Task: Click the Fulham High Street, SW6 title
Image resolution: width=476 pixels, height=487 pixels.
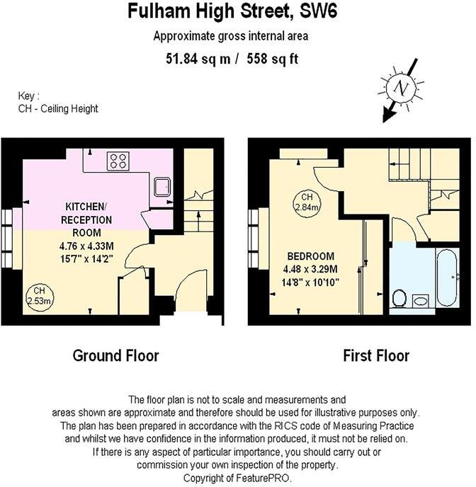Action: pos(237,11)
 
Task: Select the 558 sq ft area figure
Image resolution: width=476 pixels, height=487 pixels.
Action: pos(272,59)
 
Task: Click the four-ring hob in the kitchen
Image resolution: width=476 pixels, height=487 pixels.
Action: pos(118,161)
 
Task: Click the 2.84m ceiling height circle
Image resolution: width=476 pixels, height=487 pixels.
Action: pos(307,202)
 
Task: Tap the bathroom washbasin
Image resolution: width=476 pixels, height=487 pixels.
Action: pos(421,301)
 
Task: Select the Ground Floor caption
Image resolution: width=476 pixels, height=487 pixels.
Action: pos(116,355)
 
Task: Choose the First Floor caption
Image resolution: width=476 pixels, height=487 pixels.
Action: pos(376,355)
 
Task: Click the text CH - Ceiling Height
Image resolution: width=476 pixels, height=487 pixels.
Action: pos(58,108)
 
